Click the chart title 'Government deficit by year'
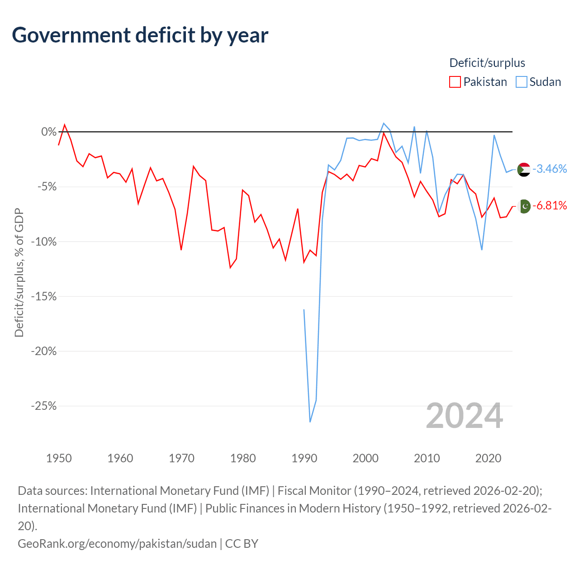click(x=140, y=35)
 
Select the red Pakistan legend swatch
click(x=455, y=82)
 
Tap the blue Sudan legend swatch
click(x=521, y=82)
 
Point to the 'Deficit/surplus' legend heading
click(x=487, y=63)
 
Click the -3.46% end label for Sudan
click(x=549, y=169)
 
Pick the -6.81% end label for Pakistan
click(x=549, y=205)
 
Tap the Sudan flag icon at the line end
click(x=524, y=170)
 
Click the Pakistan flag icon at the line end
click(x=524, y=206)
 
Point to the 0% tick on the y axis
click(x=49, y=132)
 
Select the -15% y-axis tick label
click(x=44, y=297)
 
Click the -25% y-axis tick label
click(x=44, y=406)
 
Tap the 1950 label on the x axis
click(x=59, y=458)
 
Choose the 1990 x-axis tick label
click(x=304, y=458)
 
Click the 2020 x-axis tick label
click(x=488, y=458)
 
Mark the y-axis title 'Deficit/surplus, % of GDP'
click(x=19, y=272)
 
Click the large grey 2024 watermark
click(x=464, y=416)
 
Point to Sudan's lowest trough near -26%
click(x=310, y=422)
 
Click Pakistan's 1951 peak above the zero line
click(x=65, y=124)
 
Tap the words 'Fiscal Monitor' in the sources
click(x=314, y=491)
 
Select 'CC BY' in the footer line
click(x=242, y=544)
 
